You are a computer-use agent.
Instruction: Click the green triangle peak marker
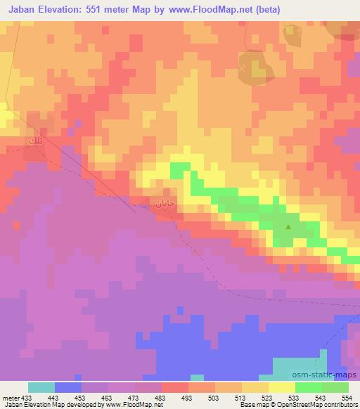[288, 226]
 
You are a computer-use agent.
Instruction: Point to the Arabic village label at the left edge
[34, 142]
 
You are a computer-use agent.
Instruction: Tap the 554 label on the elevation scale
[346, 397]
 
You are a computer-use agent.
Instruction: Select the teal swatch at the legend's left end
[41, 387]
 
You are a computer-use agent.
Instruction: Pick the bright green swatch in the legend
[309, 387]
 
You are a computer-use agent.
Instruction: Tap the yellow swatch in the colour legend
[282, 387]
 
